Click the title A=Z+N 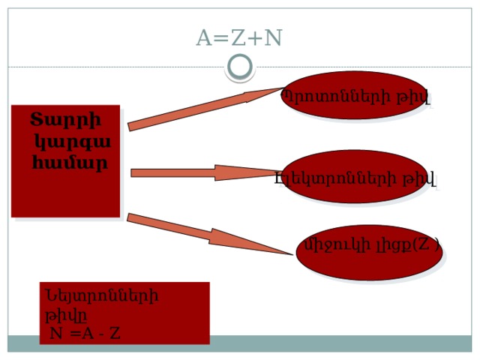coord(238,37)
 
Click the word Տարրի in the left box coord(65,120)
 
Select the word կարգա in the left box coord(73,142)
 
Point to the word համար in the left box coord(70,163)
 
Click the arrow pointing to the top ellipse coord(205,109)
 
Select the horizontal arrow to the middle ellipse coord(206,173)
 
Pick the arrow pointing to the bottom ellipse coord(210,234)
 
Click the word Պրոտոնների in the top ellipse coord(336,96)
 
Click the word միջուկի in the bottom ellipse coord(337,245)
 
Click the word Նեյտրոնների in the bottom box coord(102,296)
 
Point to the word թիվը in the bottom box coord(66,316)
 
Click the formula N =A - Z coord(85,333)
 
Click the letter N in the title coord(273,37)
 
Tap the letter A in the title coord(204,37)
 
